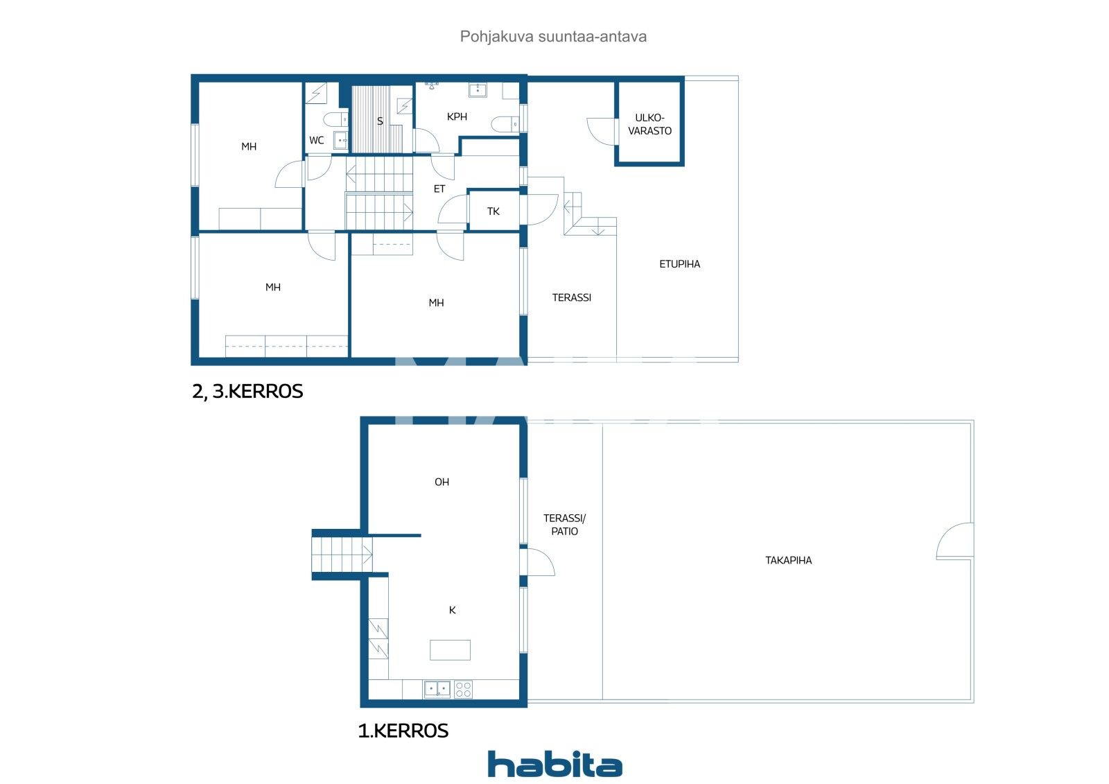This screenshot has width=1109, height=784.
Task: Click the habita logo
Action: click(554, 764)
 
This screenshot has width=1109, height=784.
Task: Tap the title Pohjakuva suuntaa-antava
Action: click(553, 37)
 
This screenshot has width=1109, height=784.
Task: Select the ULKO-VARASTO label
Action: click(649, 124)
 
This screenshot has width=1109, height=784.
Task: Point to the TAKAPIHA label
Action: click(788, 560)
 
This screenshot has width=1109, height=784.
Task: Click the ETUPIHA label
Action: click(679, 264)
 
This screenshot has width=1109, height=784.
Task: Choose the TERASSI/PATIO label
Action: click(564, 525)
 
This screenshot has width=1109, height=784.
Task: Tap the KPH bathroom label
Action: click(457, 117)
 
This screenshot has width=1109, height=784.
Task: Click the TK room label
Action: click(493, 211)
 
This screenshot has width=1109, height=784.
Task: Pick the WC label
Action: click(316, 141)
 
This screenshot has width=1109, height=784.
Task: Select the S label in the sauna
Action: click(380, 121)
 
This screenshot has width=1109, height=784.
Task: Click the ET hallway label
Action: click(439, 189)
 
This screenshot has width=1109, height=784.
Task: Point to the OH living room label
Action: click(442, 482)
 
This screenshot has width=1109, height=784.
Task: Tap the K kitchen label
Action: click(452, 611)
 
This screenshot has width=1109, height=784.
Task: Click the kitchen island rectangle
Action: click(450, 650)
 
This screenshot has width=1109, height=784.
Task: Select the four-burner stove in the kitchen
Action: click(463, 689)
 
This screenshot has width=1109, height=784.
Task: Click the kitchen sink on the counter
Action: click(437, 689)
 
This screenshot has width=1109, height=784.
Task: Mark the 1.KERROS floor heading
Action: click(403, 731)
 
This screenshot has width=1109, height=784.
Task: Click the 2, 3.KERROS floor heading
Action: click(247, 392)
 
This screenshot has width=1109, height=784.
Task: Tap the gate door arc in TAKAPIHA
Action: click(955, 541)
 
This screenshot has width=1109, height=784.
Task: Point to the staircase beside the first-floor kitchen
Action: click(342, 555)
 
